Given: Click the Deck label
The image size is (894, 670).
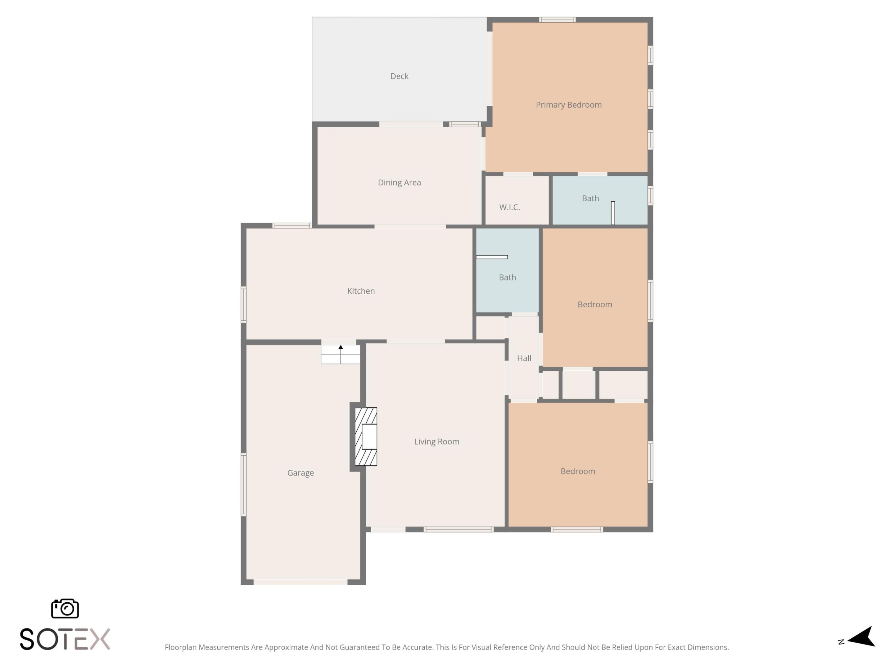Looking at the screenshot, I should [399, 76].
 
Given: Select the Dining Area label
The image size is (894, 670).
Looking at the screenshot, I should [399, 182].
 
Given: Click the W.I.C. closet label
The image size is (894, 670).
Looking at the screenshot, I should [509, 208].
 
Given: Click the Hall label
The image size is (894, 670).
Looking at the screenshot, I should [524, 358].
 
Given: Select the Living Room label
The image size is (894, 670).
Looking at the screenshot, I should [436, 442].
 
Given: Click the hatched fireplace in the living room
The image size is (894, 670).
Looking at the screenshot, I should [366, 436].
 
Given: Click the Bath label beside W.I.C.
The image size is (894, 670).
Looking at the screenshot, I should [590, 198].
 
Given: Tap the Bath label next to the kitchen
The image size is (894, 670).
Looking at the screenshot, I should [507, 277].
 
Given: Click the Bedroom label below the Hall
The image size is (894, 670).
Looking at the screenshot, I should [578, 471].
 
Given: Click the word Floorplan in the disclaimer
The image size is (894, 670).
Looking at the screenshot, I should [181, 647].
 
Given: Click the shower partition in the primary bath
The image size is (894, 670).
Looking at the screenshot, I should [613, 213].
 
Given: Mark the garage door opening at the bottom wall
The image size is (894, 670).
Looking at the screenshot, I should [300, 582].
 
